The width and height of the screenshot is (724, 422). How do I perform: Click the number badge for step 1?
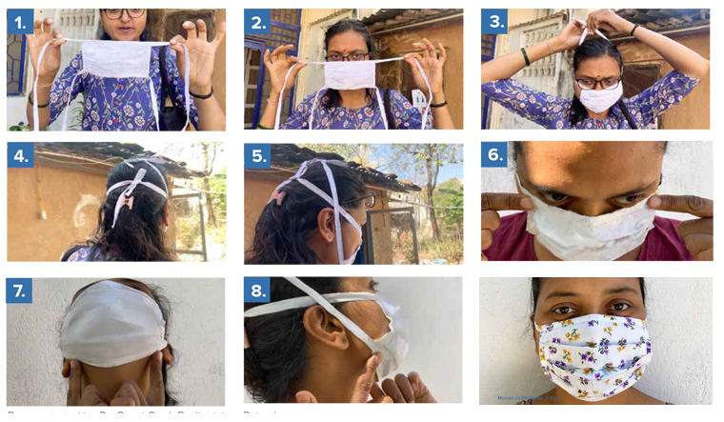pyautogui.click(x=20, y=23)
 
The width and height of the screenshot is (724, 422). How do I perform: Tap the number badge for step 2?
pyautogui.click(x=257, y=23)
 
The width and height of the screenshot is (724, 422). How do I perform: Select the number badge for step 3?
pyautogui.click(x=494, y=23)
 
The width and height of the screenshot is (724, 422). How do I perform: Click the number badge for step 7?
pyautogui.click(x=20, y=291)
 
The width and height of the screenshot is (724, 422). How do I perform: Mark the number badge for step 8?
pyautogui.click(x=257, y=291)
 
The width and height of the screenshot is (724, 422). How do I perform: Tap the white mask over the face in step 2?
pyautogui.click(x=351, y=74)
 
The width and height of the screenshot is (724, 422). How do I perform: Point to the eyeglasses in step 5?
pyautogui.click(x=368, y=200)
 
